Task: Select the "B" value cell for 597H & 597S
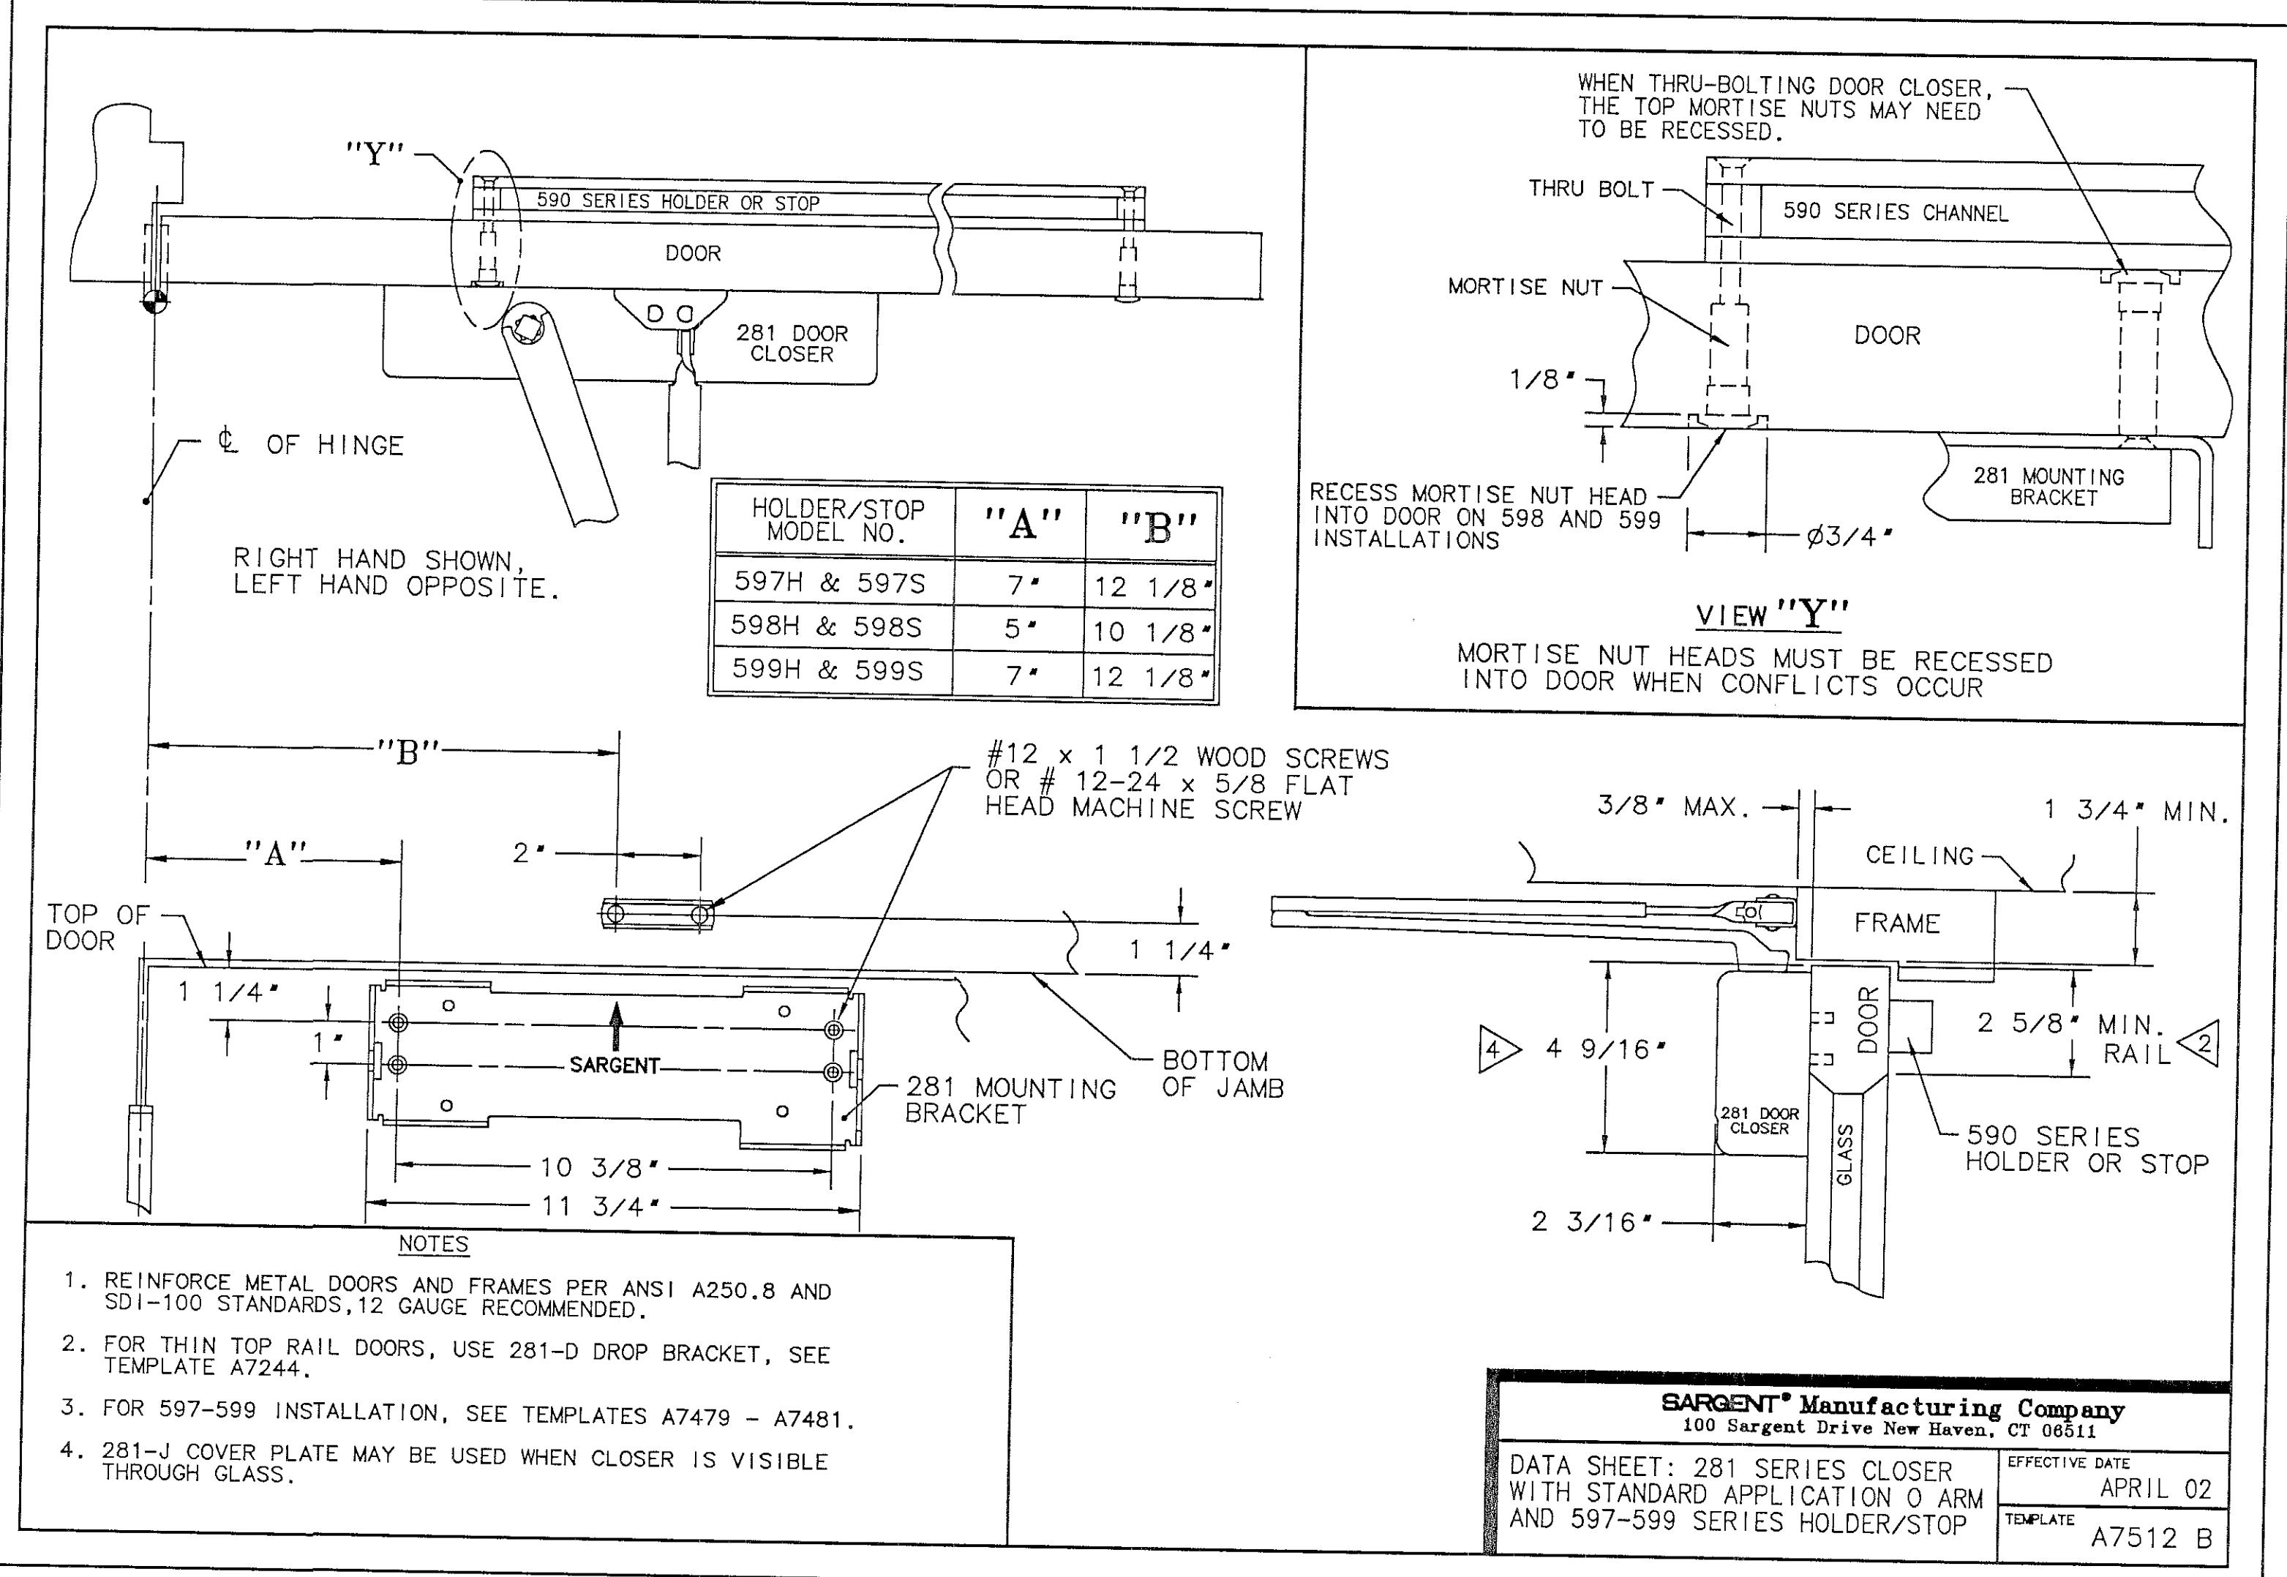1152,587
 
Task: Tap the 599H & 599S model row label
828,670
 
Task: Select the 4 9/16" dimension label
1605,1049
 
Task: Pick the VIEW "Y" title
1771,615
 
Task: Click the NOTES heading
434,1244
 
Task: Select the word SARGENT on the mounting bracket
615,1065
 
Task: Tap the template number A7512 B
2151,1537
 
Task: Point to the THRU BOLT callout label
1591,189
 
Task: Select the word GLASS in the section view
1844,1154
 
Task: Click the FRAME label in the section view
1897,924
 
